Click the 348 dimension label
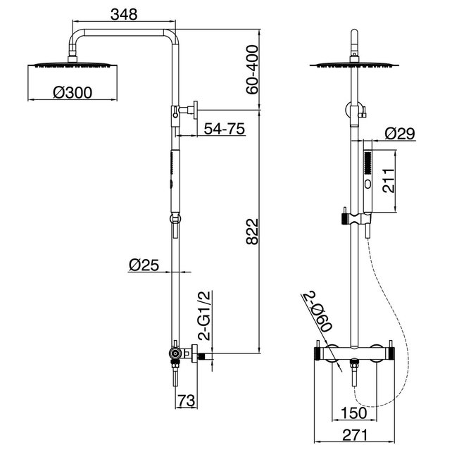pyautogui.click(x=124, y=14)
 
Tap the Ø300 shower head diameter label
pyautogui.click(x=73, y=92)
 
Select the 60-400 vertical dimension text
pyautogui.click(x=253, y=70)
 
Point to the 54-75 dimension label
pyautogui.click(x=225, y=129)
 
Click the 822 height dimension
pyautogui.click(x=253, y=232)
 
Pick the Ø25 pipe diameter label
pyautogui.click(x=144, y=265)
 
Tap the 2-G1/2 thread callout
pyautogui.click(x=204, y=315)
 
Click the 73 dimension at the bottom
pyautogui.click(x=186, y=401)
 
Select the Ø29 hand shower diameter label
pyautogui.click(x=400, y=134)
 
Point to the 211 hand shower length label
pyautogui.click(x=388, y=181)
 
